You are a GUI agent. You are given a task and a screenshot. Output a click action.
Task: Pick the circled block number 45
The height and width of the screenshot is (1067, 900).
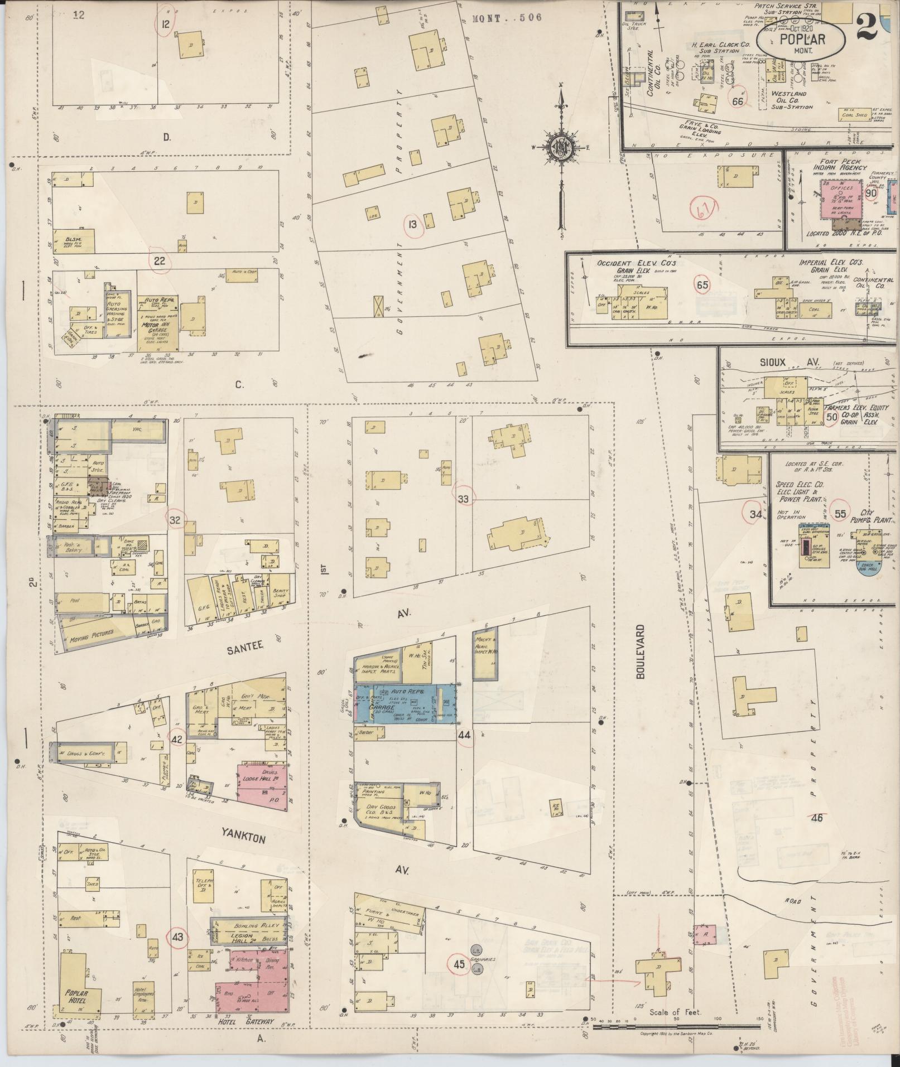pyautogui.click(x=459, y=963)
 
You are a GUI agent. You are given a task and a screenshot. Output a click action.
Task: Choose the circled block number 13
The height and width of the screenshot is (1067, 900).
pyautogui.click(x=412, y=225)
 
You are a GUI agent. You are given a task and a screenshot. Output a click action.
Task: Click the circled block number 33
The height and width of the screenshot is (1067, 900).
pyautogui.click(x=463, y=499)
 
